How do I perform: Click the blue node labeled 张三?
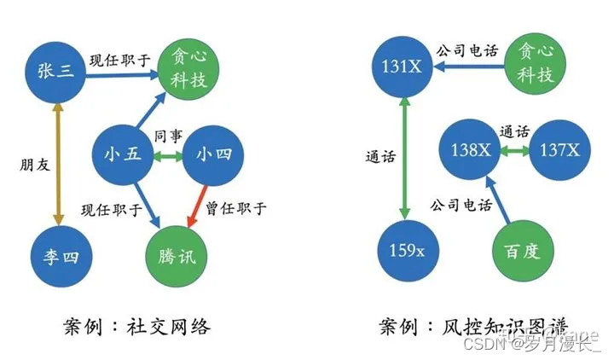[55, 72]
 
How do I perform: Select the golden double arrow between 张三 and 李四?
[55, 162]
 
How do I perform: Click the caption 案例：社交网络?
[136, 327]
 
